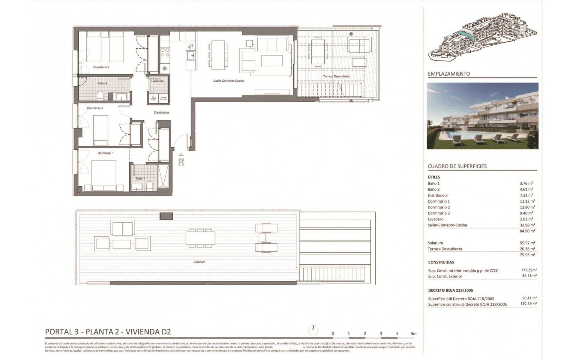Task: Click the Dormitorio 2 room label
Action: [101, 67]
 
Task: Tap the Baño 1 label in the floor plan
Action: [140, 178]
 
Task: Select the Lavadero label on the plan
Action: [157, 81]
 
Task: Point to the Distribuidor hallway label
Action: [161, 112]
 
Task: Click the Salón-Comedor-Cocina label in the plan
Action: [229, 81]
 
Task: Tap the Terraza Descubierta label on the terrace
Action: [336, 76]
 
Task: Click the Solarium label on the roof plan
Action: [199, 262]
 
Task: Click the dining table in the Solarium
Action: [200, 238]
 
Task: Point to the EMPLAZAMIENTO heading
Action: [449, 74]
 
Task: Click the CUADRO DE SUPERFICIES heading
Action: [457, 166]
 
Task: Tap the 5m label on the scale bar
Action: [413, 334]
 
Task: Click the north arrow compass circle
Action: [313, 330]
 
